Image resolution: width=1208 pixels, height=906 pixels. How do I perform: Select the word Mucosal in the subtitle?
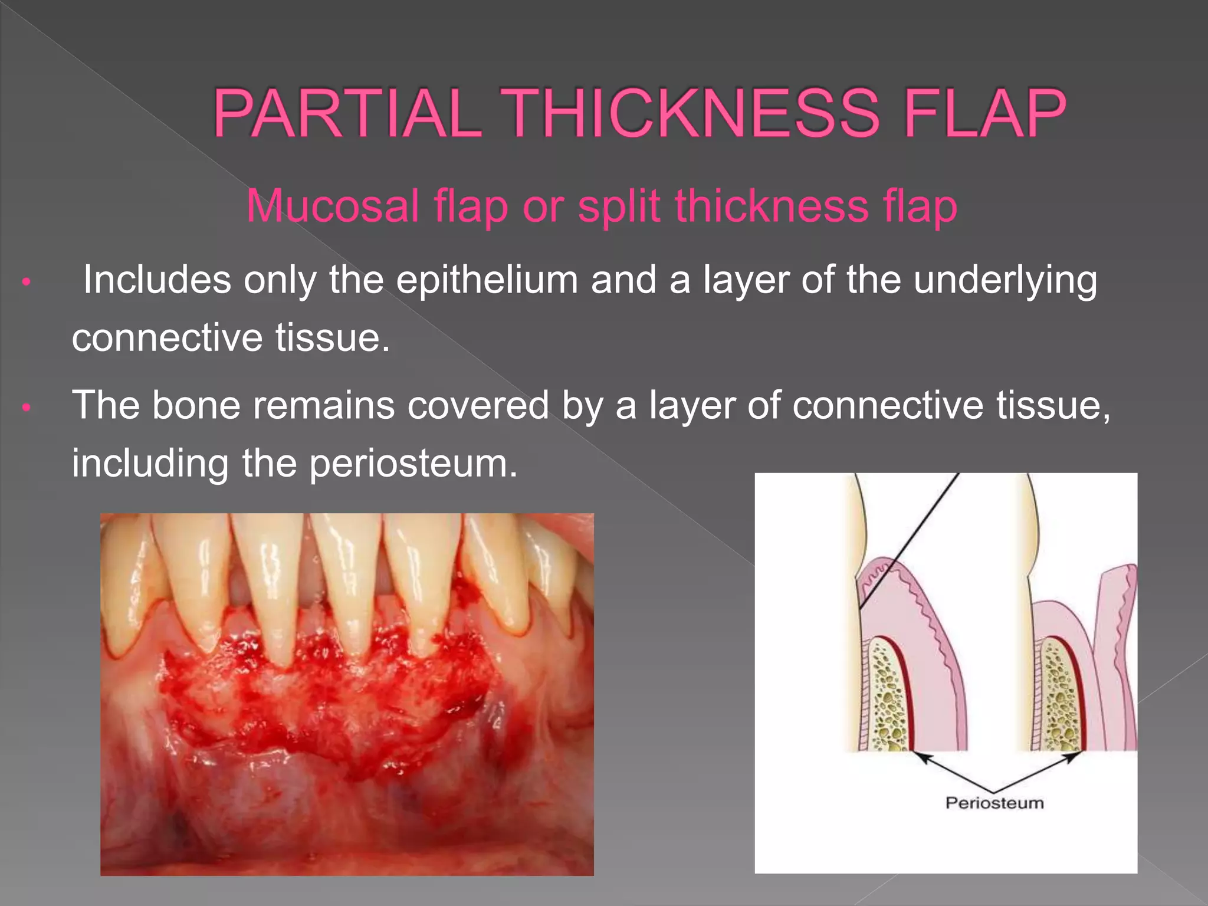click(x=333, y=206)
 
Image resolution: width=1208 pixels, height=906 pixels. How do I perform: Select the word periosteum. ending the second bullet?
click(x=413, y=464)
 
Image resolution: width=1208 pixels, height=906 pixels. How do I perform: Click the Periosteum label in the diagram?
click(x=994, y=803)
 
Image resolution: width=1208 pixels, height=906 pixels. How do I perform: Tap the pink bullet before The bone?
click(x=25, y=408)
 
